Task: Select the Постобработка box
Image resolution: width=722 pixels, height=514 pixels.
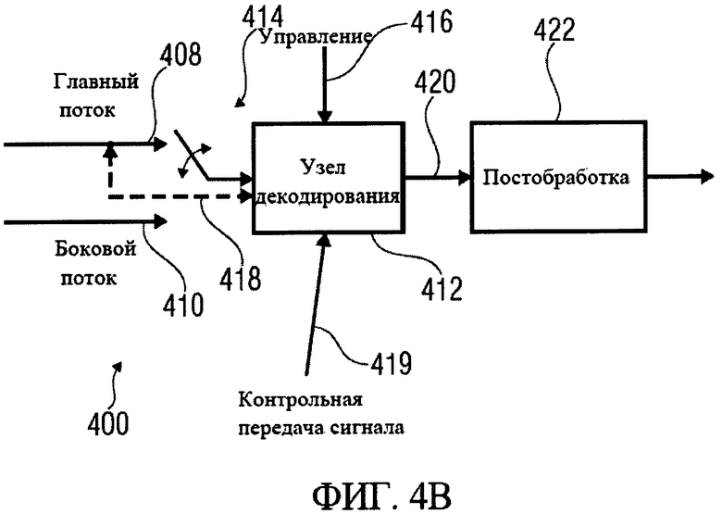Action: tap(557, 176)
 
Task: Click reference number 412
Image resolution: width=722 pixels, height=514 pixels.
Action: tap(438, 288)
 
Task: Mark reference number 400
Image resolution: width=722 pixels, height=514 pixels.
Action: tap(108, 423)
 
